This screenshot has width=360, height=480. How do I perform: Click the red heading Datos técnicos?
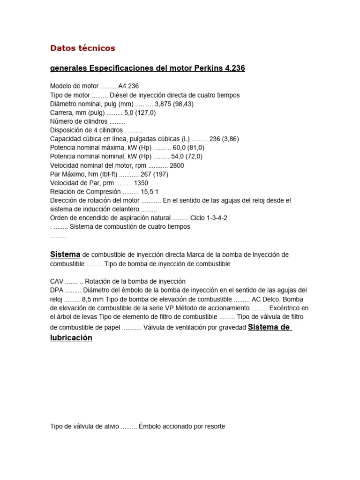[x=82, y=48]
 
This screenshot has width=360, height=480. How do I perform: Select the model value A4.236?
[x=128, y=86]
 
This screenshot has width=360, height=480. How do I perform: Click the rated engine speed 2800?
[x=177, y=165]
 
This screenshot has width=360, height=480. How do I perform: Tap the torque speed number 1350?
[x=141, y=183]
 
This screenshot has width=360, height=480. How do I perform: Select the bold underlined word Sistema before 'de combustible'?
[x=65, y=255]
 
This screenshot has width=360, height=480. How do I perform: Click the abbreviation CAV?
[x=56, y=281]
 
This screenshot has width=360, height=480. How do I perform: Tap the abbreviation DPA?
[x=57, y=290]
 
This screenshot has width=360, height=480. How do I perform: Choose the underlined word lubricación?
[x=71, y=337]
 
